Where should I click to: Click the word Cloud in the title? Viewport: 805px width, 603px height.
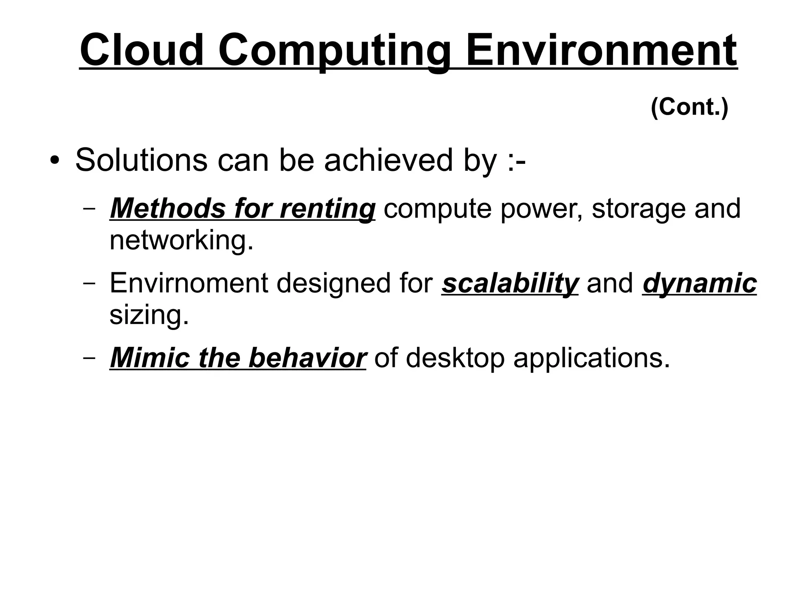point(142,50)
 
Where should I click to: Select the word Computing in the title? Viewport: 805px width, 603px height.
point(334,51)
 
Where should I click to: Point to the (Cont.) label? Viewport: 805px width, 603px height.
point(689,107)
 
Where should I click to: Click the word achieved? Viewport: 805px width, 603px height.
point(388,160)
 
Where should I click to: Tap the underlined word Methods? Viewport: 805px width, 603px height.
point(168,208)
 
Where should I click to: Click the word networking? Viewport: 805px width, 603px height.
point(181,240)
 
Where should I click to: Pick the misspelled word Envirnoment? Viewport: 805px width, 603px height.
point(189,283)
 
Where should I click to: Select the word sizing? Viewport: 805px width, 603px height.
point(149,315)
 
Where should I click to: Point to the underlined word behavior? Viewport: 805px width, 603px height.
point(307,357)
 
